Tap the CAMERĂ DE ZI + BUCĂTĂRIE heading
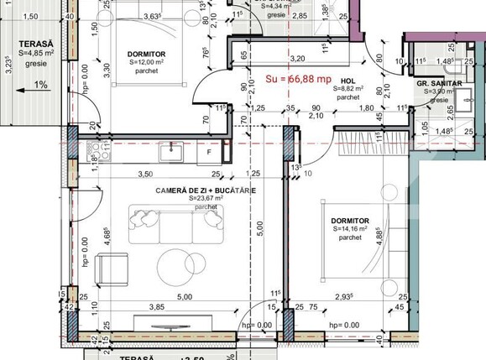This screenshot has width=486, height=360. pyautogui.click(x=206, y=190)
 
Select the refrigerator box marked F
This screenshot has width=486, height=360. pyautogui.click(x=208, y=153)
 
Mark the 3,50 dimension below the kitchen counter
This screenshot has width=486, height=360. pyautogui.click(x=144, y=175)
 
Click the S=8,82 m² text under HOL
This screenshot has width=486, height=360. pyautogui.click(x=347, y=88)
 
